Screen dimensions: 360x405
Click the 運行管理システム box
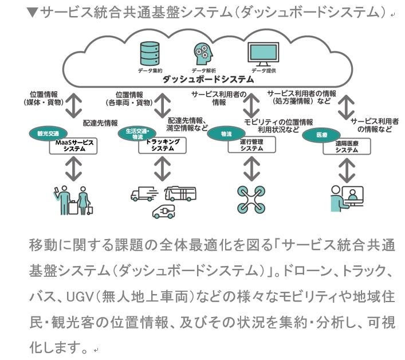point(251,145)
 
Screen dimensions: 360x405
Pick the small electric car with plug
point(163,211)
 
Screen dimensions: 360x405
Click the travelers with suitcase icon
point(72,198)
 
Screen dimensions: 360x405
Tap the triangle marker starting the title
point(32,12)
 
